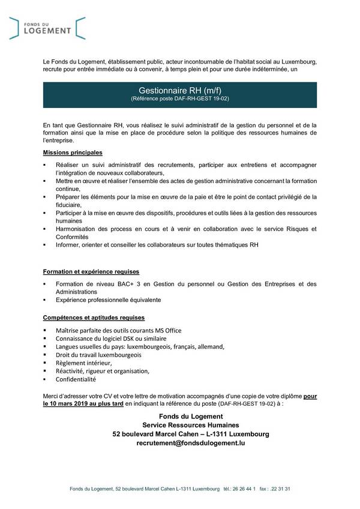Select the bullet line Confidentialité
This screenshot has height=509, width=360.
[x=76, y=379]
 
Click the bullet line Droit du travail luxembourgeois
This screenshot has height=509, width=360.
[x=95, y=355]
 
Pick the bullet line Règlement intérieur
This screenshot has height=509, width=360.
[x=83, y=363]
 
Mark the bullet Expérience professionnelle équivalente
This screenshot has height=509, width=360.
[x=108, y=300]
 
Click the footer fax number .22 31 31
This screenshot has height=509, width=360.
[x=280, y=489]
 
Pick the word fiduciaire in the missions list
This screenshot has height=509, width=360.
[x=71, y=204]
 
